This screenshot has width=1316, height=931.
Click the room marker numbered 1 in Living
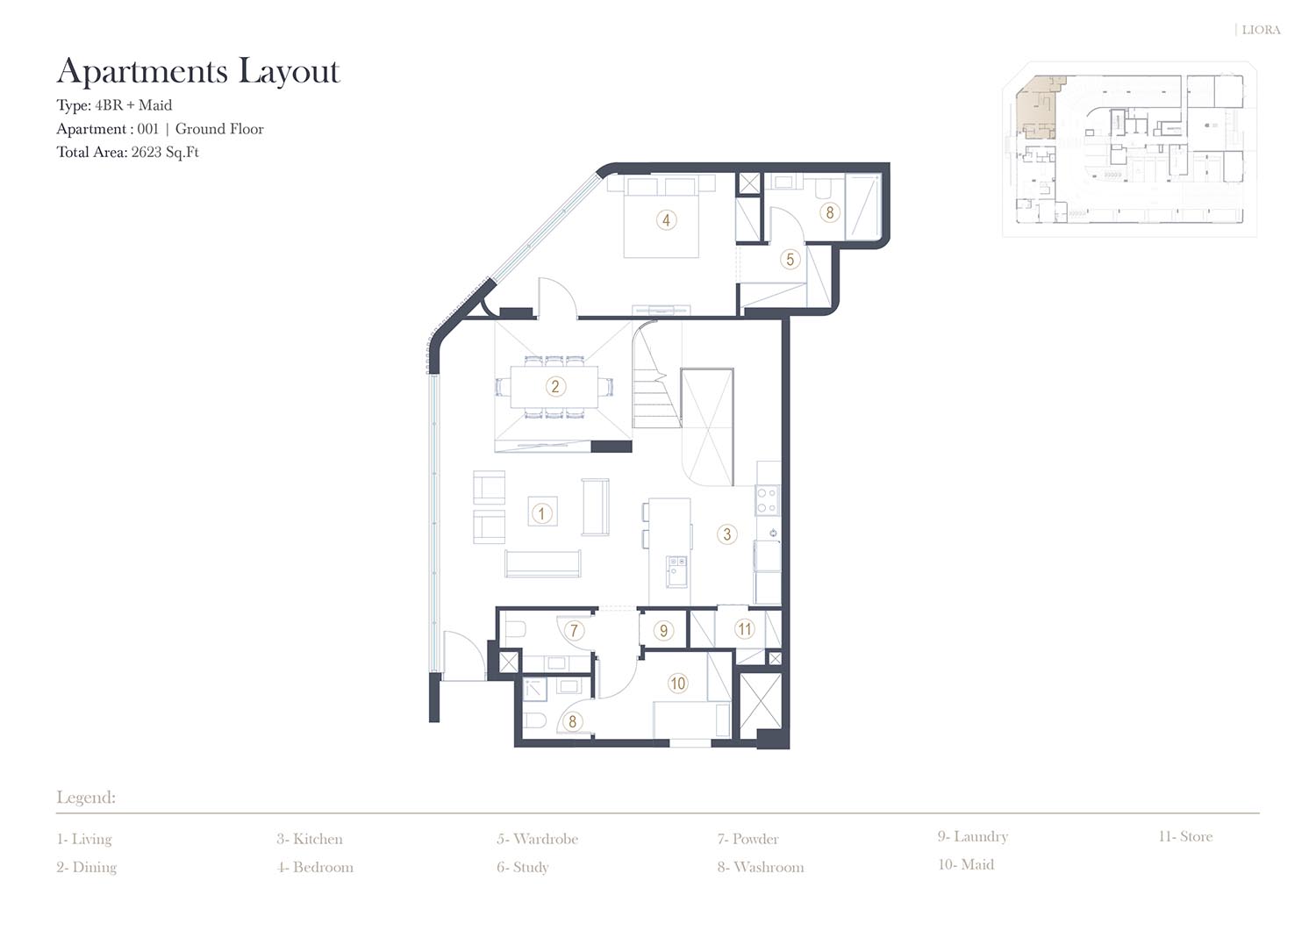541,513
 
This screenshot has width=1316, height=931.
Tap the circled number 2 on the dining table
555,386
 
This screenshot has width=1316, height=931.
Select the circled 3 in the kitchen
726,534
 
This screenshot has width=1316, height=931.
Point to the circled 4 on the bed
666,220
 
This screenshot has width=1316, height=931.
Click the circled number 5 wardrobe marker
790,259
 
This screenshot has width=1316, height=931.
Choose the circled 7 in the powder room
574,631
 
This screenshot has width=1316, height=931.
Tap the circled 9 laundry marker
663,630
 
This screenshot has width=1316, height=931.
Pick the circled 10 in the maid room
677,683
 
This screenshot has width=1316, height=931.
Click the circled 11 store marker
744,629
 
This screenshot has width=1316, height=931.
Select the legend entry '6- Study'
522,867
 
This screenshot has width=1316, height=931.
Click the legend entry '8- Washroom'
761,867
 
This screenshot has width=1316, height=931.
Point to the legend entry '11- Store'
1185,835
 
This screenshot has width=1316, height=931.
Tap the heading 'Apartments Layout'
198,71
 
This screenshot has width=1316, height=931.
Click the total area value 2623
147,152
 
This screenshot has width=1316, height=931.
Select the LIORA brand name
1261,30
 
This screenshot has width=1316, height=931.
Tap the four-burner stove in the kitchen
768,500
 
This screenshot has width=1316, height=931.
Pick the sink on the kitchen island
676,571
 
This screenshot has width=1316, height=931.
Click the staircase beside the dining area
656,376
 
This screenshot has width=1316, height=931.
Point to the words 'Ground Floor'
219,129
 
